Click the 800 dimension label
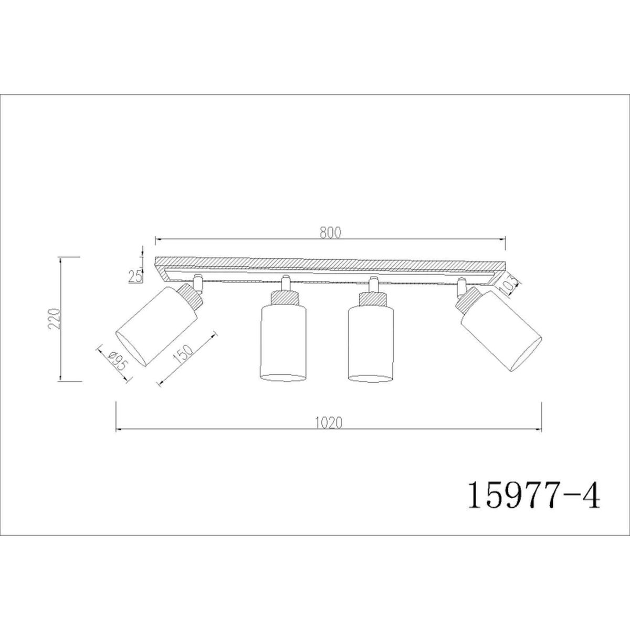click(330, 233)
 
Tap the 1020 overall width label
click(329, 423)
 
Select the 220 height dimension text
click(55, 319)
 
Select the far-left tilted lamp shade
click(157, 330)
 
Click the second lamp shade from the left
click(283, 343)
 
